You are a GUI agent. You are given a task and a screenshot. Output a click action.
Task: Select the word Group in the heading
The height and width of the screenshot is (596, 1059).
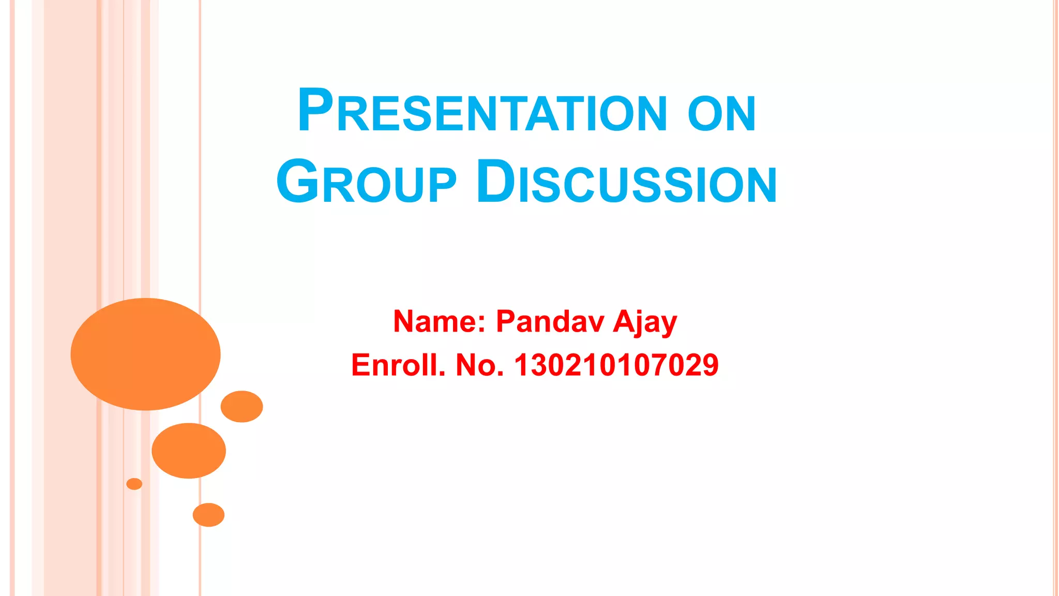(x=366, y=183)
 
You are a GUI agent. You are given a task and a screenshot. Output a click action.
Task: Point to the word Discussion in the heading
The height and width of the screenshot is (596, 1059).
(x=626, y=183)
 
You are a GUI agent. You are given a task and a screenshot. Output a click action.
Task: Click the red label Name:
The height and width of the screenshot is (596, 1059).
(x=439, y=321)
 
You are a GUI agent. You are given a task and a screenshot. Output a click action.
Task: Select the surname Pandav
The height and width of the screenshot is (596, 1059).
(x=550, y=321)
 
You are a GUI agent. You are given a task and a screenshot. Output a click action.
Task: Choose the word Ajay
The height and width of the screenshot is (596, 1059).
(x=645, y=322)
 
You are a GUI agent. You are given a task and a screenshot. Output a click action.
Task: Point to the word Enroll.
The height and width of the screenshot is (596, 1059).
(x=398, y=365)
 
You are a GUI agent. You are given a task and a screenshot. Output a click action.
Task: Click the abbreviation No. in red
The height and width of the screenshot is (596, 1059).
(x=479, y=365)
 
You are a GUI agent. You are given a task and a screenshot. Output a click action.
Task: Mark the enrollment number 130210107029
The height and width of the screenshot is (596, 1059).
(x=616, y=365)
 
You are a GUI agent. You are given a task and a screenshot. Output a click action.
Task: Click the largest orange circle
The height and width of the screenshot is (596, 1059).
(x=145, y=354)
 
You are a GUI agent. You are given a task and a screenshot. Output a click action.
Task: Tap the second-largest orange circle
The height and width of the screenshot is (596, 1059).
(x=189, y=451)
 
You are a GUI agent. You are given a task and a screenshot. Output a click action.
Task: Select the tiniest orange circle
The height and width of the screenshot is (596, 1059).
(x=134, y=484)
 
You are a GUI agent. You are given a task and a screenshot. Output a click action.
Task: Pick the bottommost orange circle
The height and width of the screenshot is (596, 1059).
(x=208, y=515)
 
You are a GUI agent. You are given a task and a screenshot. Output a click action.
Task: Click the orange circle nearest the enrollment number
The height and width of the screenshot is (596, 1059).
(x=241, y=407)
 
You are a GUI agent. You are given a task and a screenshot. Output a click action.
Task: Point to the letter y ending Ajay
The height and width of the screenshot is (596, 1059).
(x=669, y=325)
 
